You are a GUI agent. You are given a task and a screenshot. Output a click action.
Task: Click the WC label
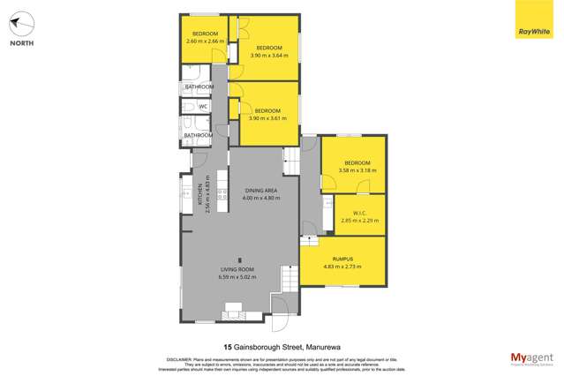202,107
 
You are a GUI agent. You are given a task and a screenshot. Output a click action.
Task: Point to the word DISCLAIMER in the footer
181,359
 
